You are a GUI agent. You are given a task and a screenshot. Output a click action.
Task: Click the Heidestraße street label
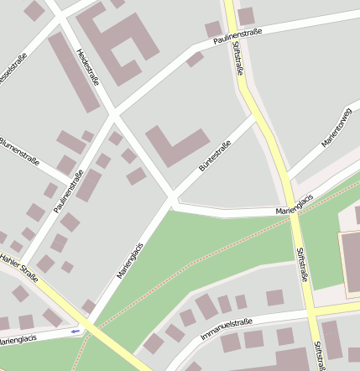pyautogui.click(x=88, y=66)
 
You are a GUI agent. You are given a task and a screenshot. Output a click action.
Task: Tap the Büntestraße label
pyautogui.click(x=214, y=157)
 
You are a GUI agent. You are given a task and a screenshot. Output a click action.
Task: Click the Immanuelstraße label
pyautogui.click(x=227, y=327)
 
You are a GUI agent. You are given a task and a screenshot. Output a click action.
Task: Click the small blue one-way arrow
pyautogui.click(x=76, y=331)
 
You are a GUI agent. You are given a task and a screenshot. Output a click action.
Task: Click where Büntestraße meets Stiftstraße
pyautogui.click(x=255, y=118)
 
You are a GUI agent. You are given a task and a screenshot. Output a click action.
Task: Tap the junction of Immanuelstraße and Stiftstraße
pyautogui.click(x=308, y=311)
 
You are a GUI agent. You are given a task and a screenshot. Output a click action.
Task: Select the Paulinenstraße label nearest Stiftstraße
pyautogui.click(x=237, y=36)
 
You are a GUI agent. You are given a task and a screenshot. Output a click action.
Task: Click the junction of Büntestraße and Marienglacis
pyautogui.click(x=173, y=201)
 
